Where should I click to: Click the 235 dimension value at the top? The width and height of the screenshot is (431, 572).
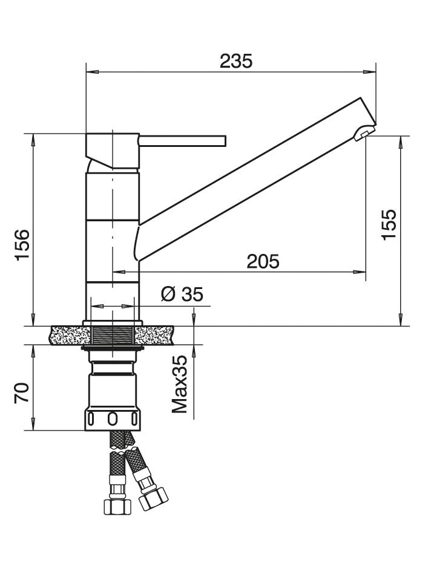click(x=235, y=61)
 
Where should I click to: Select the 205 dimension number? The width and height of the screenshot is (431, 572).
click(x=263, y=261)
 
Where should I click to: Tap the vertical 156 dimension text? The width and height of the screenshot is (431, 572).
click(x=22, y=244)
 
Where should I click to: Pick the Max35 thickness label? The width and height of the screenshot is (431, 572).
click(x=180, y=384)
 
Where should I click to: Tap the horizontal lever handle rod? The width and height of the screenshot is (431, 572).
click(x=183, y=141)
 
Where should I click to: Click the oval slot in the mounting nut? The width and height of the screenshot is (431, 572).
click(x=112, y=419)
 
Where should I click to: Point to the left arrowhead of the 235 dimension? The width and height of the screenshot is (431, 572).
click(x=91, y=72)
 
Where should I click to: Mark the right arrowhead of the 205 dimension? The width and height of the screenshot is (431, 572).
click(x=360, y=271)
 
